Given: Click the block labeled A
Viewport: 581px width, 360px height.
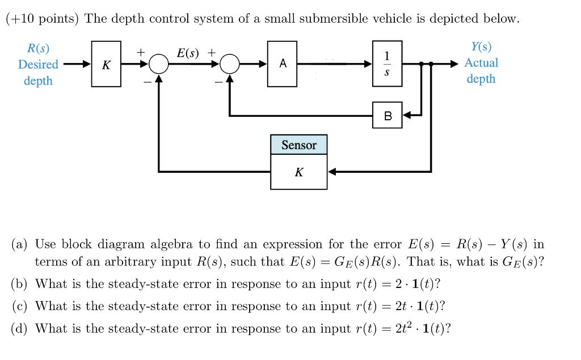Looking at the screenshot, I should [x=282, y=64].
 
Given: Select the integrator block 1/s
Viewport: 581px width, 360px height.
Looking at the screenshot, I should [x=387, y=64].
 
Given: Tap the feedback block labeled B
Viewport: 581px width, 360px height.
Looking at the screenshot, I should [x=387, y=116].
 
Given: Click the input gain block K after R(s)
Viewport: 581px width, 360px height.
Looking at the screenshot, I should [x=106, y=64].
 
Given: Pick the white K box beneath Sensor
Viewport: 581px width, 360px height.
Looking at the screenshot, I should [x=298, y=172].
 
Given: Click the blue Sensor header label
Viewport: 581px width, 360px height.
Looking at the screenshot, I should [x=298, y=145].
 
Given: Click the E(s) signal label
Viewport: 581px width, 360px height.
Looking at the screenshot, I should [x=188, y=53].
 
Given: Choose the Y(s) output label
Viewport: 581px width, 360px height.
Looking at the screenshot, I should [x=481, y=47].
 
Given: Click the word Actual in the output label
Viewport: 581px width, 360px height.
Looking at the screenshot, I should [x=481, y=63].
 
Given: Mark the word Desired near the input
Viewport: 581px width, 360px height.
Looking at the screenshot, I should [x=38, y=65].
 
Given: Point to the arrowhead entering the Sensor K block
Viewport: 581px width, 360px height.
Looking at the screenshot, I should [x=332, y=171].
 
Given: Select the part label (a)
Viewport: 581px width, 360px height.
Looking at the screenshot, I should [x=19, y=244].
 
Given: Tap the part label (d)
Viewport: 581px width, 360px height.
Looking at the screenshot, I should [x=19, y=328].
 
